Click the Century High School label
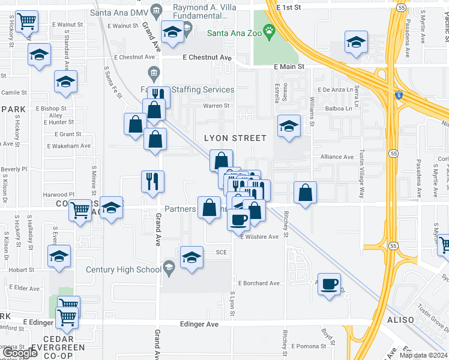click(x=124, y=269)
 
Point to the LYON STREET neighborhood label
click(x=235, y=138)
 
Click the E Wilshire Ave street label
click(x=260, y=237)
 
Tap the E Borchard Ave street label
click(x=259, y=283)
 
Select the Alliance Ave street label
click(x=337, y=157)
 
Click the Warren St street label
click(x=217, y=106)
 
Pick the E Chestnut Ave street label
click(x=206, y=58)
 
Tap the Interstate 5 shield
click(x=399, y=95)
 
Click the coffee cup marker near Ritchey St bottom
click(x=330, y=283)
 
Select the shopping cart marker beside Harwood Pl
click(x=80, y=209)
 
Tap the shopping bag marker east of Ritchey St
click(x=306, y=193)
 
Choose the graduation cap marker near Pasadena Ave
click(x=355, y=43)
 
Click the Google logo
click(x=20, y=353)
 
